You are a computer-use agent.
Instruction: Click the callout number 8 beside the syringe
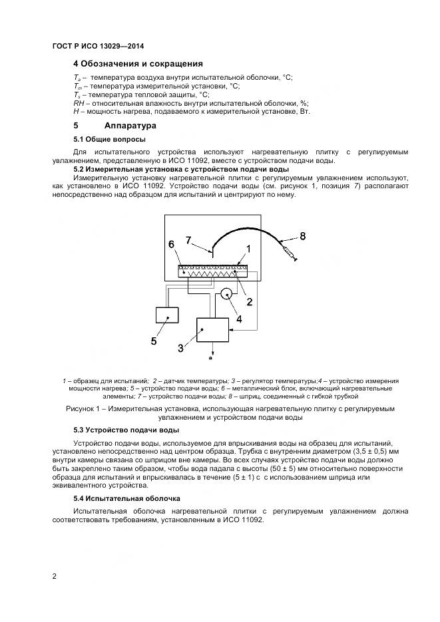tap(303, 235)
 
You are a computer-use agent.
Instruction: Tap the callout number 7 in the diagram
tap(188, 239)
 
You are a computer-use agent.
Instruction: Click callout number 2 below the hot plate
tap(250, 301)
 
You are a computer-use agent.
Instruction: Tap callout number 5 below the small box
tap(154, 341)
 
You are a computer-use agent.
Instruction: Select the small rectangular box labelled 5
tap(167, 315)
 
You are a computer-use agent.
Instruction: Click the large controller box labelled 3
tap(212, 331)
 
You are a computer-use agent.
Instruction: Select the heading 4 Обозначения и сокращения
tap(138, 64)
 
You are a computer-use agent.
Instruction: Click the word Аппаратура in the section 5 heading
tap(130, 125)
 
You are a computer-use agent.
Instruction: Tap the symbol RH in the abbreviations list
tap(79, 103)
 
